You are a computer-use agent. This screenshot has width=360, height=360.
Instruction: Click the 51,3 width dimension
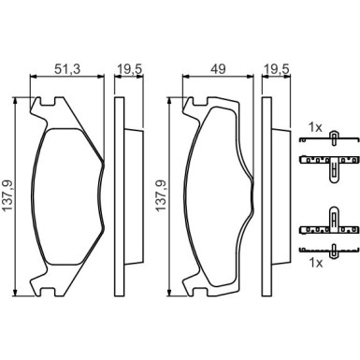pos(67,69)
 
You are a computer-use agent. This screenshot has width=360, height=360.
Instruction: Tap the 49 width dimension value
pos(218,69)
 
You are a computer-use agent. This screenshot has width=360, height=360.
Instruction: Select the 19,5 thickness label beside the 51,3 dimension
pos(129,69)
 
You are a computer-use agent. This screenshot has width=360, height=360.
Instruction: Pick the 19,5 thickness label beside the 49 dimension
pos(277,69)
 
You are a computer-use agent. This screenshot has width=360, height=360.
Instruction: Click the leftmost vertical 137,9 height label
pos(7,195)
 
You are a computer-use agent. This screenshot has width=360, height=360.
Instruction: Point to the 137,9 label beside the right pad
pos(161,195)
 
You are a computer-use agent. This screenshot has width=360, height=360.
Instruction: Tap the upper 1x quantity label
pos(315,127)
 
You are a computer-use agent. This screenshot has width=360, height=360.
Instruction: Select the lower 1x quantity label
pos(316,264)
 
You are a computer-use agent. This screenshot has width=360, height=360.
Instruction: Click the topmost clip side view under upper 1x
pos(328,137)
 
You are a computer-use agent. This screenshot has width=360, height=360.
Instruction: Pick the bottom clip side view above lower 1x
pos(328,250)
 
